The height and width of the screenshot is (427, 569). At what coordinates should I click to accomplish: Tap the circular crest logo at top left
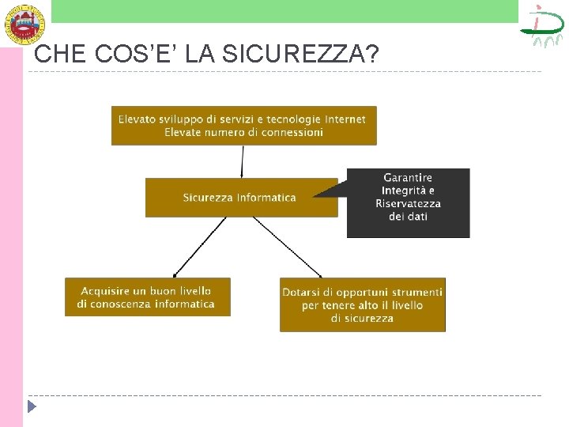point(25,23)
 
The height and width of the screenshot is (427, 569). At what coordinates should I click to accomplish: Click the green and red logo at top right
point(542,26)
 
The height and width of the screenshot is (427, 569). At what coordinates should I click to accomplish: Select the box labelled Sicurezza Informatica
point(240,197)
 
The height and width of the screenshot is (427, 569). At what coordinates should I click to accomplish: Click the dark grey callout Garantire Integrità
point(408,202)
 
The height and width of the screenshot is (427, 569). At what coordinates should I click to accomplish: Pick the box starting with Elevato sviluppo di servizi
point(243,126)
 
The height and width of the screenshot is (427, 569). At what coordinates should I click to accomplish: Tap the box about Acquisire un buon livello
point(147,297)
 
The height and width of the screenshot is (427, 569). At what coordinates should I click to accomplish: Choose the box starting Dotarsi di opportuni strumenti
point(362,304)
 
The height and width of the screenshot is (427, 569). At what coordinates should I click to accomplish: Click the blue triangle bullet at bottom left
point(32,408)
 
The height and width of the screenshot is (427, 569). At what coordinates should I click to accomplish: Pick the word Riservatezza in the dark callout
point(408,203)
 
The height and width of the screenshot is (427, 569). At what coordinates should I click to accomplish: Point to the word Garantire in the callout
point(408,178)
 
